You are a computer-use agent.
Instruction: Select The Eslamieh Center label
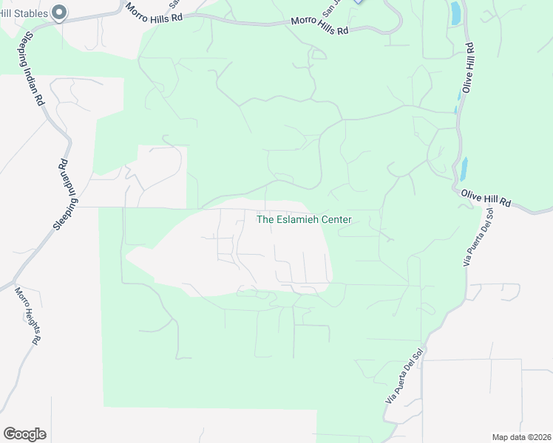tap(303, 219)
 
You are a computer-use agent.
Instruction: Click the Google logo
tap(24, 434)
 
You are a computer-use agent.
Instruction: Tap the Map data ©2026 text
tap(521, 437)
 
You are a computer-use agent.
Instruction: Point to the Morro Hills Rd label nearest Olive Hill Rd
tap(319, 27)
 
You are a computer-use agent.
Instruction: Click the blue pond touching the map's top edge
tap(455, 12)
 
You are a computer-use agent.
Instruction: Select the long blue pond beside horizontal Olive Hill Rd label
tap(464, 169)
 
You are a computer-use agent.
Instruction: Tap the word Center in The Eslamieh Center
tap(335, 219)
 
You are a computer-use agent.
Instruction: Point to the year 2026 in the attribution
tap(539, 437)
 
